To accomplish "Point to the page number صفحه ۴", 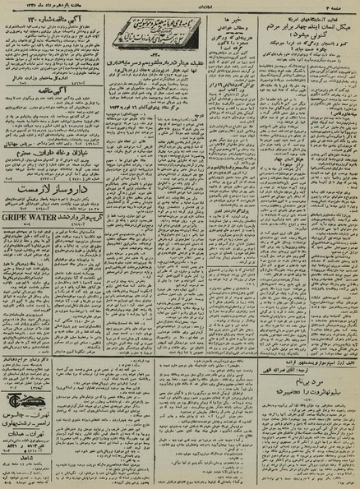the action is tap(342, 7).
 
